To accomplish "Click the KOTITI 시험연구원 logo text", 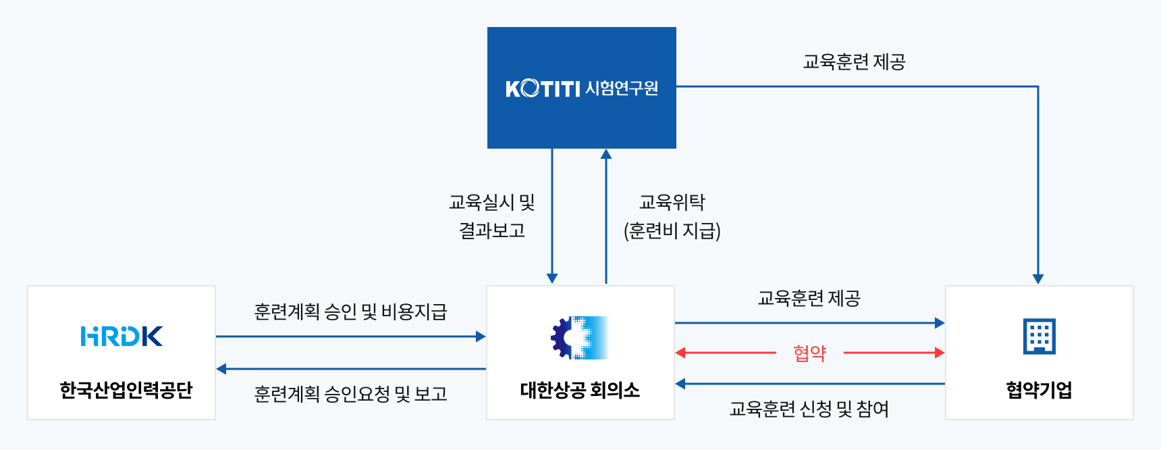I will click(x=581, y=89).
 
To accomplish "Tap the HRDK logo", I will click(x=122, y=336).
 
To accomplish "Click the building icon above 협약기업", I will click(x=1039, y=336).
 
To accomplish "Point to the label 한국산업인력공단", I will click(x=126, y=390).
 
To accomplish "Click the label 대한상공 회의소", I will click(x=580, y=390).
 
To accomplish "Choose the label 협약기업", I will click(x=1039, y=390).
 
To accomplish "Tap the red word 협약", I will click(x=809, y=353).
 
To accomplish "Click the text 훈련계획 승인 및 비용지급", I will click(x=350, y=311).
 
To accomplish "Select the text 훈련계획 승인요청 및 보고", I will click(x=350, y=394).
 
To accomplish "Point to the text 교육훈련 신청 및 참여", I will click(x=809, y=409).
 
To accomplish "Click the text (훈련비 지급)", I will click(x=672, y=231).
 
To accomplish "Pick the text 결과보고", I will click(x=492, y=231).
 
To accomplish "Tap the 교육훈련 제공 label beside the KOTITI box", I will click(x=854, y=62).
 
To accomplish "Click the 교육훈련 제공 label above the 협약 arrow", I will click(x=809, y=298).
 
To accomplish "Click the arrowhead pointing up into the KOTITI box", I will click(x=606, y=154).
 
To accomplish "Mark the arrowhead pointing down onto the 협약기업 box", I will click(x=1038, y=279).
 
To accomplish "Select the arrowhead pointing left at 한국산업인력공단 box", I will click(x=221, y=369).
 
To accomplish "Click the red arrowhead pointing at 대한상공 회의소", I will click(x=680, y=353).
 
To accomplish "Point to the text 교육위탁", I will click(x=672, y=202).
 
